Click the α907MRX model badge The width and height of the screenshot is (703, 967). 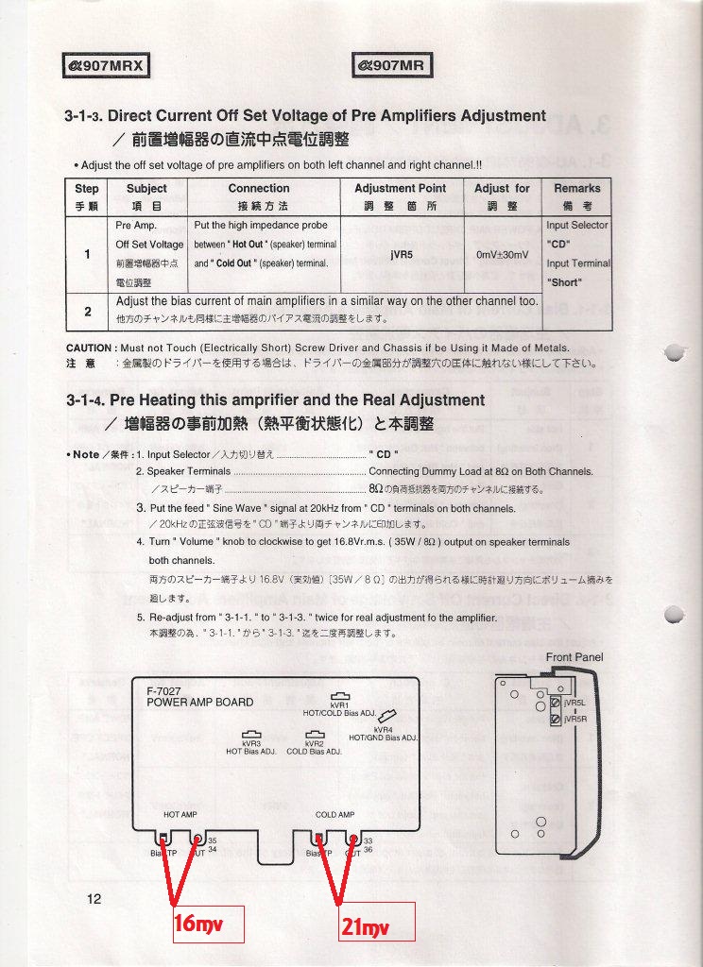[105, 65]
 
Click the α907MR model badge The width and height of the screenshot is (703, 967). [393, 65]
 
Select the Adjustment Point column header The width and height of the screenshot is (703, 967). [400, 189]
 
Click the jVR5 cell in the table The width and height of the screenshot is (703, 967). [400, 254]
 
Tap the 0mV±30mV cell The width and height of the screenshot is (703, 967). [502, 254]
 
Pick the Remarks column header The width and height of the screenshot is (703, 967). [576, 189]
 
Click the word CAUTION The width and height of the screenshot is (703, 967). [90, 348]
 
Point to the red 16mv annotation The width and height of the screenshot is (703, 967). [198, 925]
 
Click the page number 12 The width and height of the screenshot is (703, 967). [94, 899]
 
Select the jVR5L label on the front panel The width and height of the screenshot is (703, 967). [574, 704]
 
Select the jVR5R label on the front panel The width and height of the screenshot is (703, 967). [574, 720]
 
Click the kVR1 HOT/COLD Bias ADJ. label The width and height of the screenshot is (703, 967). [339, 709]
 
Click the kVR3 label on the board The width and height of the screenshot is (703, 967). [251, 744]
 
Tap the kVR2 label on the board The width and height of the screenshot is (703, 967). [315, 744]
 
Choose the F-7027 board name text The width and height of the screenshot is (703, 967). [164, 692]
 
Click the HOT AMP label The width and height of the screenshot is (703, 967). [180, 814]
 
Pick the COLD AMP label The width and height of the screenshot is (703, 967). [334, 814]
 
